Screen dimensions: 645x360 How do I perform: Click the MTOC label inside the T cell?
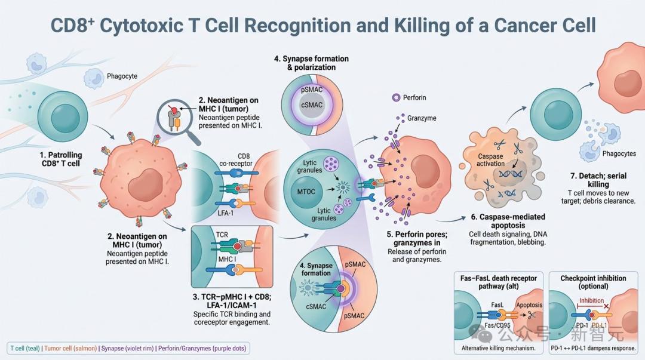pyautogui.click(x=306, y=192)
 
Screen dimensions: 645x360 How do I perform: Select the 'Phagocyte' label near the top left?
pyautogui.click(x=122, y=76)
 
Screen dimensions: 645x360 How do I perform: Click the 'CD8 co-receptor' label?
pyautogui.click(x=236, y=159)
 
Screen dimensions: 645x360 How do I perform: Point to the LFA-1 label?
pyautogui.click(x=225, y=213)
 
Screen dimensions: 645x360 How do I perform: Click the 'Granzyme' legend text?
pyautogui.click(x=422, y=118)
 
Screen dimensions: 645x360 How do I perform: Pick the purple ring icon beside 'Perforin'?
pyautogui.click(x=396, y=97)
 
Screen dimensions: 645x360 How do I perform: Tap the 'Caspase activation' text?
pyautogui.click(x=490, y=159)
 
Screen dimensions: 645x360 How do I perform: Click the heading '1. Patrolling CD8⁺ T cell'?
pyautogui.click(x=61, y=159)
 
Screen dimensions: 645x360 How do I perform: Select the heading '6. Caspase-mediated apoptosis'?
pyautogui.click(x=508, y=221)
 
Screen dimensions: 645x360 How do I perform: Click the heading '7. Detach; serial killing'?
pyautogui.click(x=598, y=180)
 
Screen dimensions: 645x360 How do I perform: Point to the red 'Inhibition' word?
pyautogui.click(x=591, y=300)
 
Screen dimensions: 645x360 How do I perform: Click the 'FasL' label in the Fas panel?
pyautogui.click(x=497, y=305)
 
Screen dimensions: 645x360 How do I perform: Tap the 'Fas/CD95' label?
pyautogui.click(x=497, y=325)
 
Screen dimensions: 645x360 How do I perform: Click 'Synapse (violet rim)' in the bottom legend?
pyautogui.click(x=128, y=349)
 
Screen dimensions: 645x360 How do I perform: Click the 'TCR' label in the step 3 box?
pyautogui.click(x=222, y=235)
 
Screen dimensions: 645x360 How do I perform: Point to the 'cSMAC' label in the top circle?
pyautogui.click(x=312, y=105)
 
